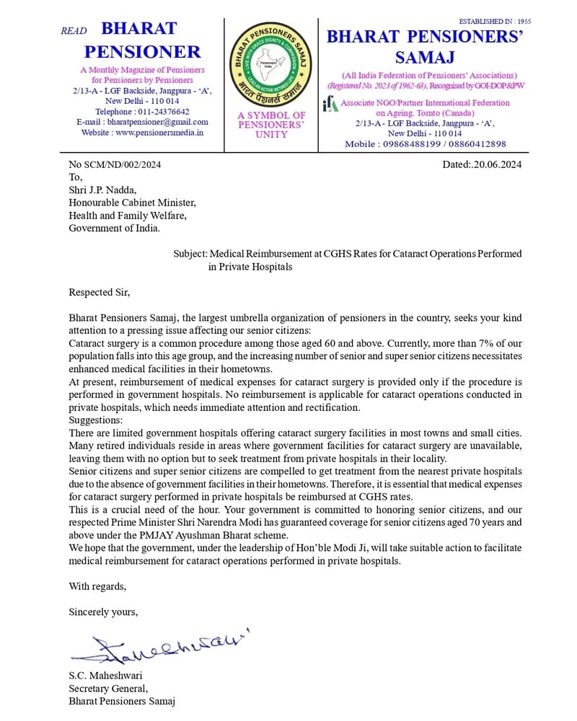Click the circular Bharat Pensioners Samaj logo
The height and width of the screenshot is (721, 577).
pos(271,65)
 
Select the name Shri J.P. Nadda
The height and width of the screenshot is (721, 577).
pos(102,190)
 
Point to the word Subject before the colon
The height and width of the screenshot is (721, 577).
pos(190,254)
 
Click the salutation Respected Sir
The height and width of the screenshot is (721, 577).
pos(99,293)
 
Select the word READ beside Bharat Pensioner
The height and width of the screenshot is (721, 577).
pos(74,31)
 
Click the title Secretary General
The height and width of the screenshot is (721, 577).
pos(107,689)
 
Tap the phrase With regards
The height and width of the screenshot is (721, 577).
pos(97,585)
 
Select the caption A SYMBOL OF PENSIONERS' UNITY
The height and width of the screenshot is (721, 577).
pos(271,124)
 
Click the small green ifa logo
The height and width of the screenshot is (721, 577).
pos(330,105)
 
